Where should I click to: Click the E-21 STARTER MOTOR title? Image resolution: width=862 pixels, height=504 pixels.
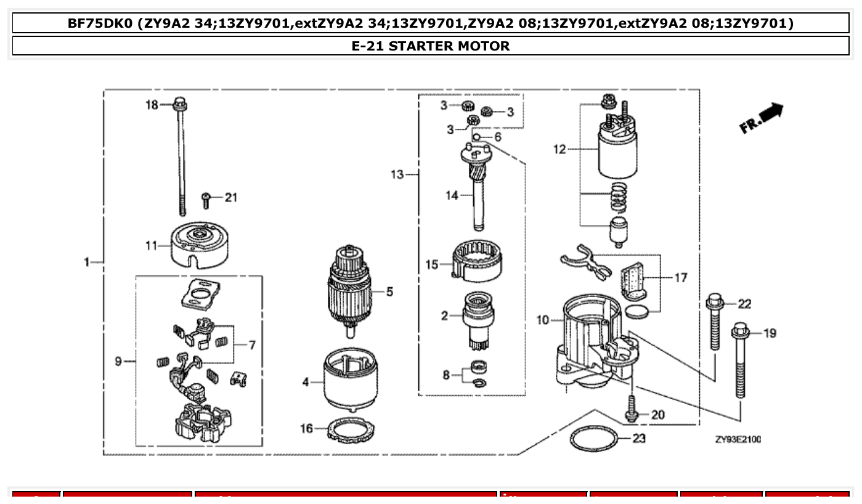point(431,46)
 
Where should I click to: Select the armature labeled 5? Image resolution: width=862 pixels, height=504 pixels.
point(349,290)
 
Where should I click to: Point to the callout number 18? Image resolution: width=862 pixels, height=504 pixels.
point(152,105)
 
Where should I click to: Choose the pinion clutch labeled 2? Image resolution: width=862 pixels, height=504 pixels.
point(478,319)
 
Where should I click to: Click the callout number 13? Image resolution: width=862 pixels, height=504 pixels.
point(397,175)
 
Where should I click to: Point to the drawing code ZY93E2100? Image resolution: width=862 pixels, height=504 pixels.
point(738,439)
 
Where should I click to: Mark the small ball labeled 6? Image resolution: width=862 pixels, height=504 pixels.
point(476,136)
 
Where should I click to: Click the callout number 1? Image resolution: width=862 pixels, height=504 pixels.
point(87,262)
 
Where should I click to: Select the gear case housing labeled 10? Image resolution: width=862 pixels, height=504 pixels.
point(585,342)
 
